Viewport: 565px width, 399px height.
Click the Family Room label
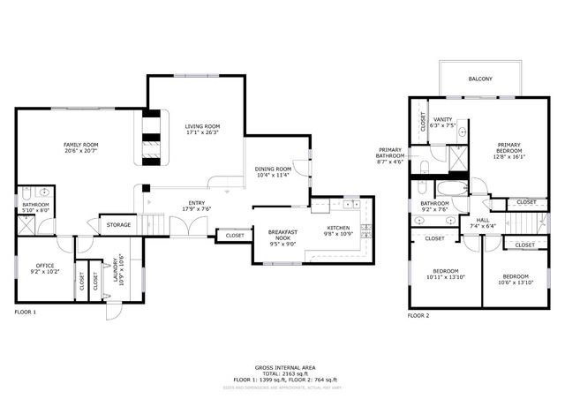[x=79, y=144]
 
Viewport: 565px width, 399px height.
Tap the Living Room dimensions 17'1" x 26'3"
[x=201, y=133]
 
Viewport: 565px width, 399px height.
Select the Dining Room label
[x=273, y=169]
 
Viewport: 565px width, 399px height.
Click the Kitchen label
[x=339, y=228]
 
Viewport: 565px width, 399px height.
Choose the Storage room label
[x=118, y=225]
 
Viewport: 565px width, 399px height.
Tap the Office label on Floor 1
[x=45, y=265]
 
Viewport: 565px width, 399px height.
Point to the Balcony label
[x=479, y=79]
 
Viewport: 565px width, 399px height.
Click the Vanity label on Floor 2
[x=443, y=119]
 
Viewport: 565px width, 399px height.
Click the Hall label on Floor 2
[x=483, y=221]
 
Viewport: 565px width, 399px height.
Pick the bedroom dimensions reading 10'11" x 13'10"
[x=446, y=277]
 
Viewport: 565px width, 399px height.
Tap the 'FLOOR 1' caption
[x=25, y=312]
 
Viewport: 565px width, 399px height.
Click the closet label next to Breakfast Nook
[x=235, y=236]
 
